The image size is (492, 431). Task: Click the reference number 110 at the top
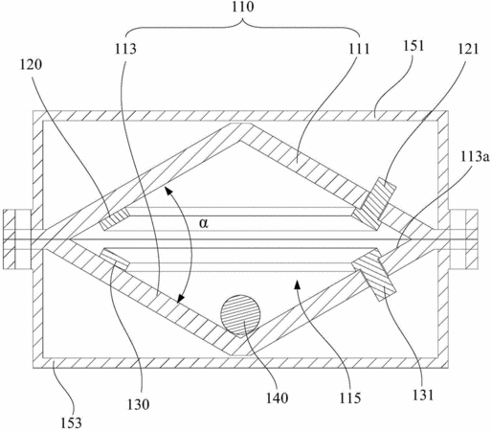243,7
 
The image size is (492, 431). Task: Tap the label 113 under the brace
125,49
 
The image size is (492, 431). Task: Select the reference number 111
359,49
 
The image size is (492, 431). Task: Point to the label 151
414,46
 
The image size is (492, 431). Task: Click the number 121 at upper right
469,49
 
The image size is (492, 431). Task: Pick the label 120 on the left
31,64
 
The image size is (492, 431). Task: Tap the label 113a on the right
475,157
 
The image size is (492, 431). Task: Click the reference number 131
423,395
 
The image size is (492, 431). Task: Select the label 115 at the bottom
350,398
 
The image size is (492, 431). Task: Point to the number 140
278,398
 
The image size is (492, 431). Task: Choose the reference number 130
138,404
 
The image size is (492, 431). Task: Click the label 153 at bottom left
72,423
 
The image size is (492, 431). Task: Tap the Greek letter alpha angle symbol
203,223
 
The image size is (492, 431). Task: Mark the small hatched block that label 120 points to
114,218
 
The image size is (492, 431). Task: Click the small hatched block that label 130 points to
115,260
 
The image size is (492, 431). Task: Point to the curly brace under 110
242,27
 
